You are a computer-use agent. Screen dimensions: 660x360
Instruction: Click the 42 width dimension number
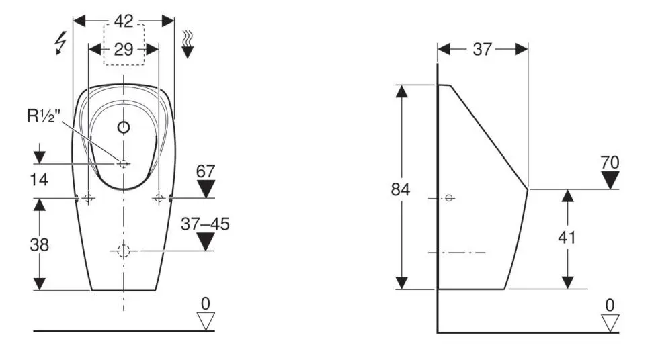tap(124, 21)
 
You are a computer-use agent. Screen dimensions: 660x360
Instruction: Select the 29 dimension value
tap(124, 50)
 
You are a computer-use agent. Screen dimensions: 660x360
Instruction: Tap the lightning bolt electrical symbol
tap(61, 43)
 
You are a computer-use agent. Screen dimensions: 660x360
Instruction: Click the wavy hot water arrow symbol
tap(188, 44)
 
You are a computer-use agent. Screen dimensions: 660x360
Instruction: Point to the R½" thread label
tap(44, 116)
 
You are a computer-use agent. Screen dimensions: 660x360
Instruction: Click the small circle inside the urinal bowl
tap(124, 127)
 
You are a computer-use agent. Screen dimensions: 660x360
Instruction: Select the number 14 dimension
tap(39, 179)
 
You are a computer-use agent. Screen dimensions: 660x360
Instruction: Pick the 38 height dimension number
tap(39, 244)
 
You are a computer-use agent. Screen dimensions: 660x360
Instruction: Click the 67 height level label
tap(206, 171)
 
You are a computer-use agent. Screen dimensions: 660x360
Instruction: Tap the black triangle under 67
tap(206, 189)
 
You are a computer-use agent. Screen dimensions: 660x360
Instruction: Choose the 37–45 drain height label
tap(206, 224)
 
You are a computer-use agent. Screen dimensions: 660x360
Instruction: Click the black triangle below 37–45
tap(206, 242)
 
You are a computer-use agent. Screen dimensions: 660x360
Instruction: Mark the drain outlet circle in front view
tap(124, 251)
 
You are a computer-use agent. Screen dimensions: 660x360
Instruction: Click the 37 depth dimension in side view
tap(483, 50)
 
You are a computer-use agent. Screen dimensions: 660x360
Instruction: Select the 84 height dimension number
tap(401, 189)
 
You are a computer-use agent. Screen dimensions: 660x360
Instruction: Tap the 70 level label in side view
tap(610, 163)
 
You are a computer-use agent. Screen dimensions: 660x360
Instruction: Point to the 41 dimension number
tap(567, 238)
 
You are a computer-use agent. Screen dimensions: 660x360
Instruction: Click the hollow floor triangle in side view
tap(610, 323)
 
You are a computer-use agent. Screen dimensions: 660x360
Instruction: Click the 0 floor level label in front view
tap(206, 303)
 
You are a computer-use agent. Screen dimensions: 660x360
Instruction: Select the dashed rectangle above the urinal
tap(124, 44)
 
